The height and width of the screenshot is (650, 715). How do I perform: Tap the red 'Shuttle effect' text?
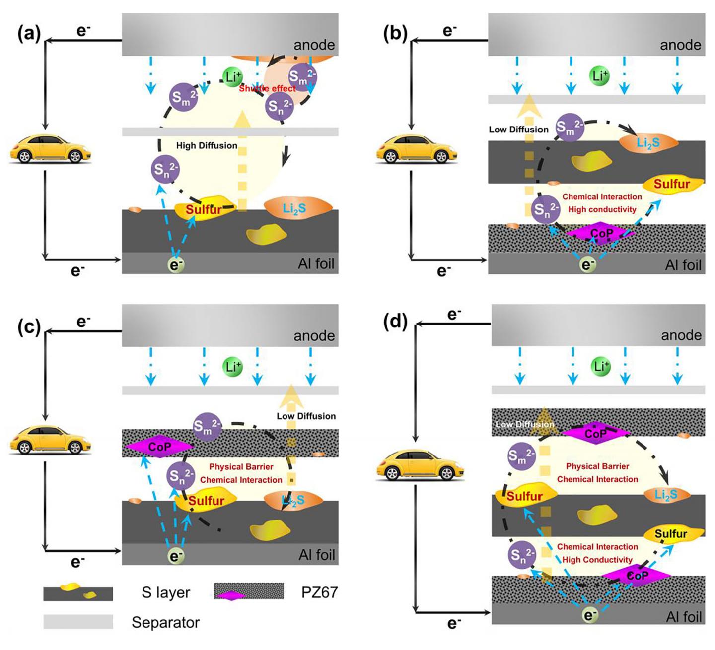coord(267,88)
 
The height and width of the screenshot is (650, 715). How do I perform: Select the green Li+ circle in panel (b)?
coord(600,76)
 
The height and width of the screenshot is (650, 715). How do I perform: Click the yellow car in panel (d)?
coord(420,465)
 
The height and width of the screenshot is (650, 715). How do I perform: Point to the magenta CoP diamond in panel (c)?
coord(159,447)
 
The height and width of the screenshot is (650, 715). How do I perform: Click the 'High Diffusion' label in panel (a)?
coord(207,145)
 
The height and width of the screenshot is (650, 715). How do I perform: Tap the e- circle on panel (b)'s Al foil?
coord(588,265)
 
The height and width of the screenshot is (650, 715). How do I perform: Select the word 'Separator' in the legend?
coord(165,622)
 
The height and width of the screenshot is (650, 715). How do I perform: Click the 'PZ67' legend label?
coord(319,592)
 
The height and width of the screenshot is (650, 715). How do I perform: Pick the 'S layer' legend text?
coord(166,592)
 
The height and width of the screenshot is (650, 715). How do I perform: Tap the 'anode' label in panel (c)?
coord(314,336)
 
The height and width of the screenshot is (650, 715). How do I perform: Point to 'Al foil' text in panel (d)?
coord(684,617)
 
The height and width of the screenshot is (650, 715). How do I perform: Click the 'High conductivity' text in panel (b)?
coord(602,209)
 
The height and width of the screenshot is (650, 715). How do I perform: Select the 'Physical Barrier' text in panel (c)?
coord(241,466)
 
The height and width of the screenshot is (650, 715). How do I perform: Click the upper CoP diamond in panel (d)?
coord(595,433)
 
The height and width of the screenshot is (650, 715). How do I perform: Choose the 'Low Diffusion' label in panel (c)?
coord(306,416)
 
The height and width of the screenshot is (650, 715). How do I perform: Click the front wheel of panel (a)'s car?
coord(23,157)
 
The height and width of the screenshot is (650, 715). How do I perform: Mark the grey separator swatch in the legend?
coord(78,622)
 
